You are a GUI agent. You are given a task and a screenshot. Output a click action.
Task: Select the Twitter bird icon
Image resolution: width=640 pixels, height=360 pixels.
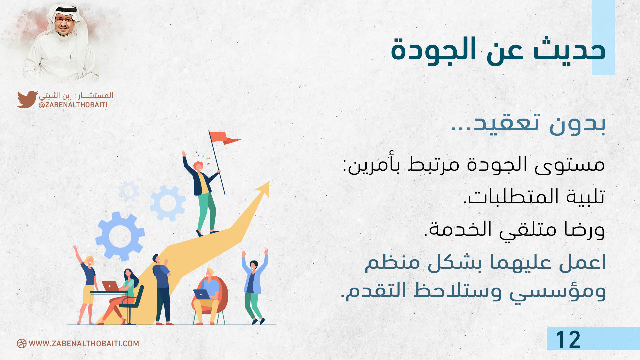[x=27, y=99]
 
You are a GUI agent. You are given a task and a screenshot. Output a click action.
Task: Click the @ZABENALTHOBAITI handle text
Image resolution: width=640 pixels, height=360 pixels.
[x=73, y=105]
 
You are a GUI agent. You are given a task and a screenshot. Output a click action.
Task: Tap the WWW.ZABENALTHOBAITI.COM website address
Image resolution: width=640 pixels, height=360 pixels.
[x=84, y=344]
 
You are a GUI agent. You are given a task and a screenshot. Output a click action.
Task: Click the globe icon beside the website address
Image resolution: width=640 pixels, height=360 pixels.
[x=22, y=344]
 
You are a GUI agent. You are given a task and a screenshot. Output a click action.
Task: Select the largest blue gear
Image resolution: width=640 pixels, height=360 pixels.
[x=120, y=236]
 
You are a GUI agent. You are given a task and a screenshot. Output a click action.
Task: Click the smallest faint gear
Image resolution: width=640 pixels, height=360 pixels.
[x=129, y=191]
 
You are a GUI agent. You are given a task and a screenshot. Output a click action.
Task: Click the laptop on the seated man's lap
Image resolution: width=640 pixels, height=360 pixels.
[x=202, y=294]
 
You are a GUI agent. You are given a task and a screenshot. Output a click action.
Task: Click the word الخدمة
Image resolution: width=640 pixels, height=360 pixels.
[x=460, y=229]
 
